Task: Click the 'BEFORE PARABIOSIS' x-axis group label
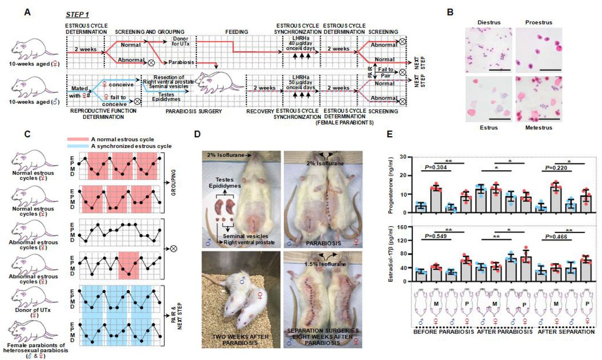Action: pyautogui.click(x=440, y=332)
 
